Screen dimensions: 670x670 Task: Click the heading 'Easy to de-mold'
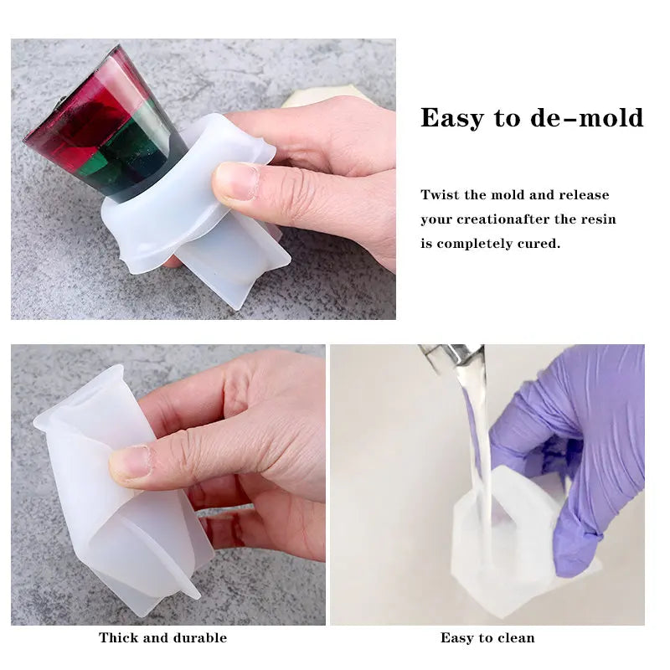tap(532, 118)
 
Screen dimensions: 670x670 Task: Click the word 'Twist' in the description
tap(441, 195)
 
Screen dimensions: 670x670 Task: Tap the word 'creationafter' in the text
tap(502, 219)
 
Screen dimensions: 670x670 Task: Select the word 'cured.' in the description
tap(541, 244)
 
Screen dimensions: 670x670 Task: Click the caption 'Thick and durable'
tap(162, 638)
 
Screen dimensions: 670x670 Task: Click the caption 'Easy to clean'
tap(487, 638)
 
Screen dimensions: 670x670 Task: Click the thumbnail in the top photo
tap(236, 182)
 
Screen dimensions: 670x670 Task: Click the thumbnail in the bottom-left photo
tap(130, 461)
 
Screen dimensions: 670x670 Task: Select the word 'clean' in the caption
tap(517, 638)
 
